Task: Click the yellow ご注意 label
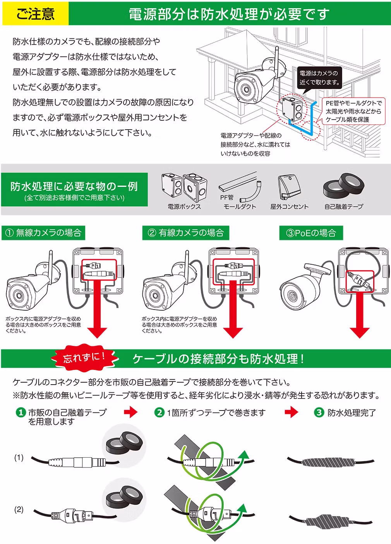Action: tap(35, 14)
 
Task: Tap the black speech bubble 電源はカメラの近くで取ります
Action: tap(319, 78)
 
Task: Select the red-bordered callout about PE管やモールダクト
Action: tap(353, 111)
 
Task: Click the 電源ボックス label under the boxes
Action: tap(184, 207)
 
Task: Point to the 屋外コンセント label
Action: tap(289, 207)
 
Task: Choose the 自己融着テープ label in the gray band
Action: tap(344, 207)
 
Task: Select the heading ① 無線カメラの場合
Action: tap(43, 233)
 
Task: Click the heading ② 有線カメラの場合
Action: tap(186, 233)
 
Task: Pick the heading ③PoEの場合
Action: tap(311, 233)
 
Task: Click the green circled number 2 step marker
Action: tap(159, 412)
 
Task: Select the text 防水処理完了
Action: tap(352, 413)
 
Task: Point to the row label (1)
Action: tap(19, 457)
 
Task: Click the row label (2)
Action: tap(19, 509)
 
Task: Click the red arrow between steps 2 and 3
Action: tap(292, 412)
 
